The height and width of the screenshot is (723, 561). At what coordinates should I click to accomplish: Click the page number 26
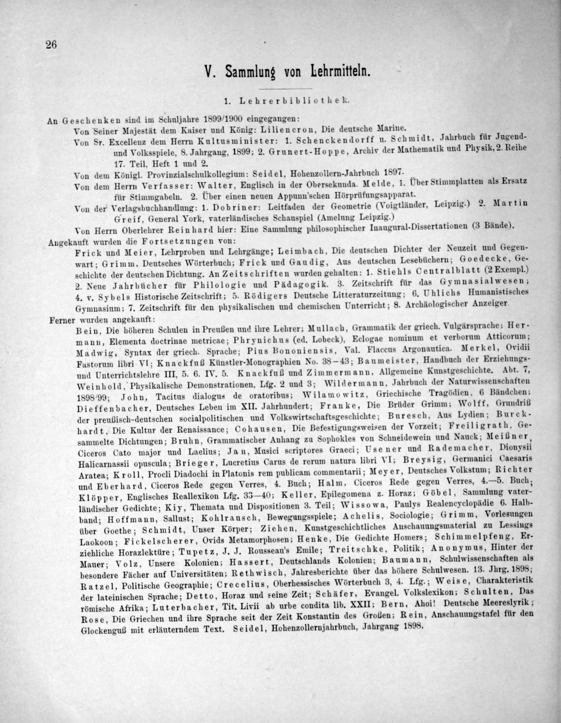pyautogui.click(x=51, y=44)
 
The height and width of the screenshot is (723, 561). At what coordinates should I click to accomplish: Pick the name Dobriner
pyautogui.click(x=234, y=208)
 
